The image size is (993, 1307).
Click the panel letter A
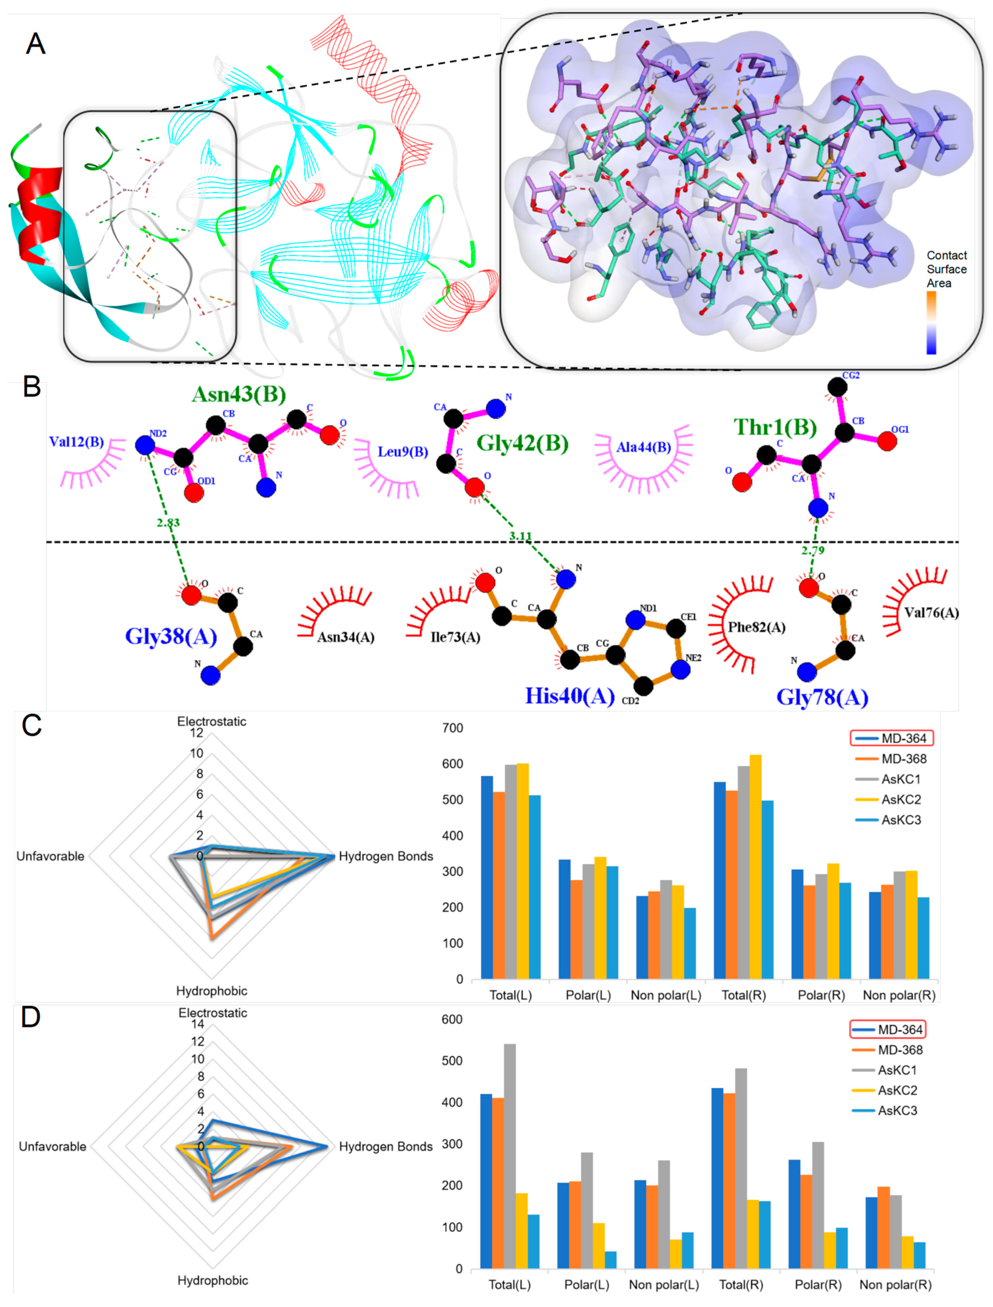coord(35,44)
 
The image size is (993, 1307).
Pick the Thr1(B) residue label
coord(775,427)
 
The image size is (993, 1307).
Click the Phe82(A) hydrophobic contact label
coord(756,627)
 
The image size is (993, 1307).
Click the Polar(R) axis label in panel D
coord(818,1285)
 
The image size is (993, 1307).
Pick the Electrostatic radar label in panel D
coord(213,1013)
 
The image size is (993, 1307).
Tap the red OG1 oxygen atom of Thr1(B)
coord(887,441)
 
